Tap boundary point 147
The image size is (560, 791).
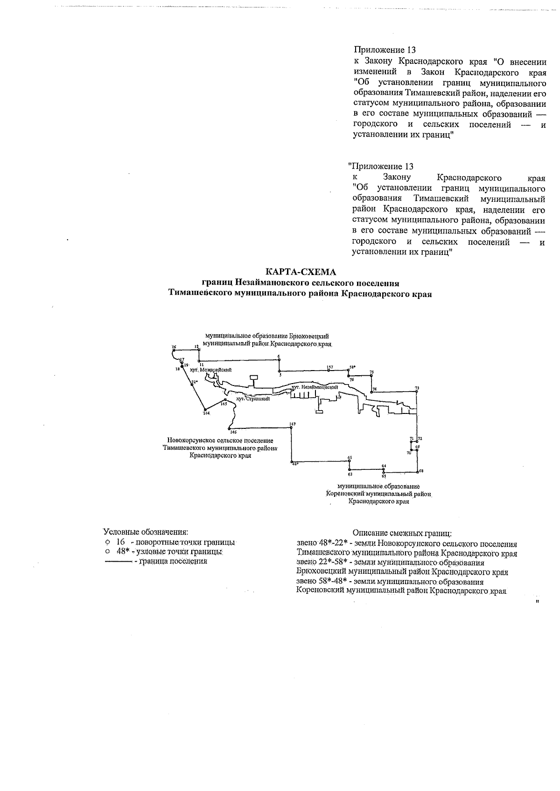pyautogui.click(x=292, y=427)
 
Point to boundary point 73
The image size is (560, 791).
pyautogui.click(x=417, y=391)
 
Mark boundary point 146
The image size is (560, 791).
pyautogui.click(x=229, y=428)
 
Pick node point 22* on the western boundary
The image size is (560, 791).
pyautogui.click(x=192, y=385)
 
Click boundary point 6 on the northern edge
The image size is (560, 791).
pyautogui.click(x=279, y=360)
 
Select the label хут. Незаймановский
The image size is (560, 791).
pyautogui.click(x=314, y=387)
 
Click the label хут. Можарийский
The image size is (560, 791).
pyautogui.click(x=210, y=370)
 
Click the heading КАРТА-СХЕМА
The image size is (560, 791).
pyautogui.click(x=300, y=271)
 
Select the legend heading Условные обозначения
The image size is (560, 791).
pyautogui.click(x=145, y=532)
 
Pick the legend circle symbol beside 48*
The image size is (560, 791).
pyautogui.click(x=107, y=551)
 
